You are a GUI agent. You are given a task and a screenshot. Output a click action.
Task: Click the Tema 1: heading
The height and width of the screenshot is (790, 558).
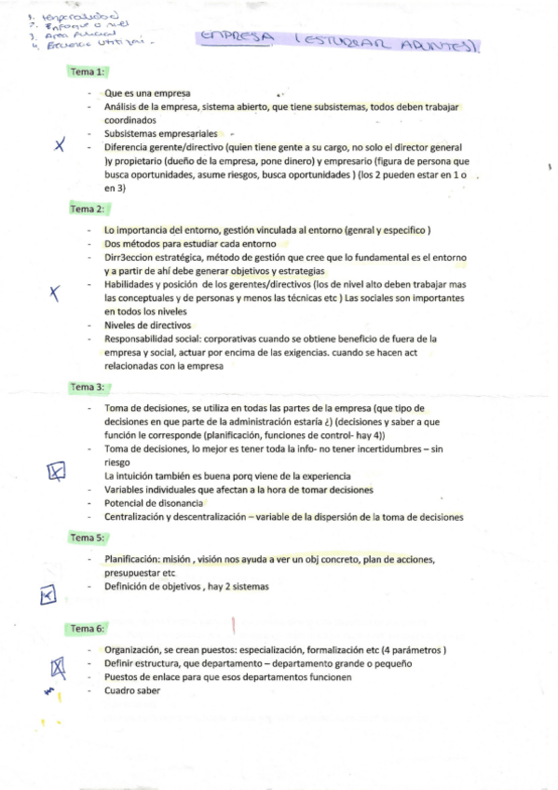tap(88, 73)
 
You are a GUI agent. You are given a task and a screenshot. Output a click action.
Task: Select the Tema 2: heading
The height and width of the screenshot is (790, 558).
tap(88, 210)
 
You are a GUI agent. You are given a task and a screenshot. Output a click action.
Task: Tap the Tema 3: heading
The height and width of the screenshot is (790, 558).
tap(88, 387)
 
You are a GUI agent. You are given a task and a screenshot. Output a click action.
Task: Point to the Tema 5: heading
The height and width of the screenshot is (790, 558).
tap(88, 538)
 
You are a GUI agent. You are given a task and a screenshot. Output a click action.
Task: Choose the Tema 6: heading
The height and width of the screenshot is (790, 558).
tap(88, 629)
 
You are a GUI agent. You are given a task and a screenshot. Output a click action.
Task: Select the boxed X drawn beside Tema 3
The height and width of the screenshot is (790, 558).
tap(57, 473)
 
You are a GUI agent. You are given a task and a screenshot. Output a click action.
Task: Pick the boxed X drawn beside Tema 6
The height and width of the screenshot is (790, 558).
tap(58, 665)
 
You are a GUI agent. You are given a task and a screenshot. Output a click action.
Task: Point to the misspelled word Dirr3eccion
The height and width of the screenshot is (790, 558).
tap(129, 256)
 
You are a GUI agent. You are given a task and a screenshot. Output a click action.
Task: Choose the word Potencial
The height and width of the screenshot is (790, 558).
tap(125, 503)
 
